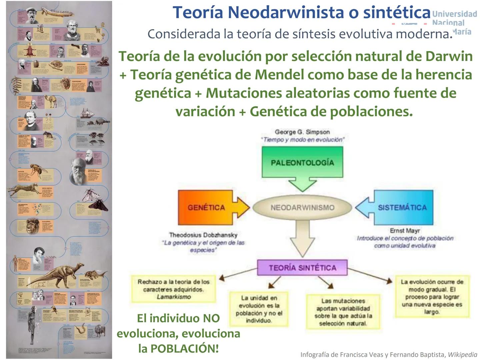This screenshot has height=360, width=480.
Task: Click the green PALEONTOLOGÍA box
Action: (x=302, y=163)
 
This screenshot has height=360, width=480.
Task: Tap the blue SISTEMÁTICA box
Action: (x=402, y=207)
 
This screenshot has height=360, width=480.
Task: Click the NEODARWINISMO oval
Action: (x=302, y=207)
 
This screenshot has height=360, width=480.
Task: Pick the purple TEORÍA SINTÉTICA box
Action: (x=302, y=268)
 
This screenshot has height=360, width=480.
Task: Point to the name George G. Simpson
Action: (x=302, y=132)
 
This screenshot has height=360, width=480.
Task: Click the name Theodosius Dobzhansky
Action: (x=203, y=235)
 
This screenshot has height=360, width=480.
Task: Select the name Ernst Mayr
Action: (x=405, y=231)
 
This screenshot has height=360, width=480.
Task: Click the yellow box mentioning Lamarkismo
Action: (x=173, y=289)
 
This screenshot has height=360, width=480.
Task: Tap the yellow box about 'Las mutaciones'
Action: (x=343, y=312)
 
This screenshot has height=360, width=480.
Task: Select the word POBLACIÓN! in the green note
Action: (x=185, y=348)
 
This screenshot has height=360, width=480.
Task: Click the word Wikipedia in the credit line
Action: (x=462, y=355)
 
